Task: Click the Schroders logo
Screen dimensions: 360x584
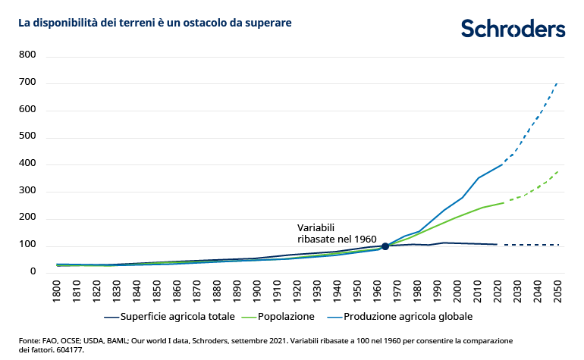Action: pyautogui.click(x=513, y=29)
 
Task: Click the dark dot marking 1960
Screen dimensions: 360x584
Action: pyautogui.click(x=385, y=246)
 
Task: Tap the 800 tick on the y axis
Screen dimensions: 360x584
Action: pyautogui.click(x=28, y=55)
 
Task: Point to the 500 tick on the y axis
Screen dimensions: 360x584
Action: pyautogui.click(x=28, y=137)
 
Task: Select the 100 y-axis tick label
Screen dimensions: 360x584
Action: pyautogui.click(x=28, y=246)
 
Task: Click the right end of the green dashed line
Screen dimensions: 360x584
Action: pyautogui.click(x=557, y=172)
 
